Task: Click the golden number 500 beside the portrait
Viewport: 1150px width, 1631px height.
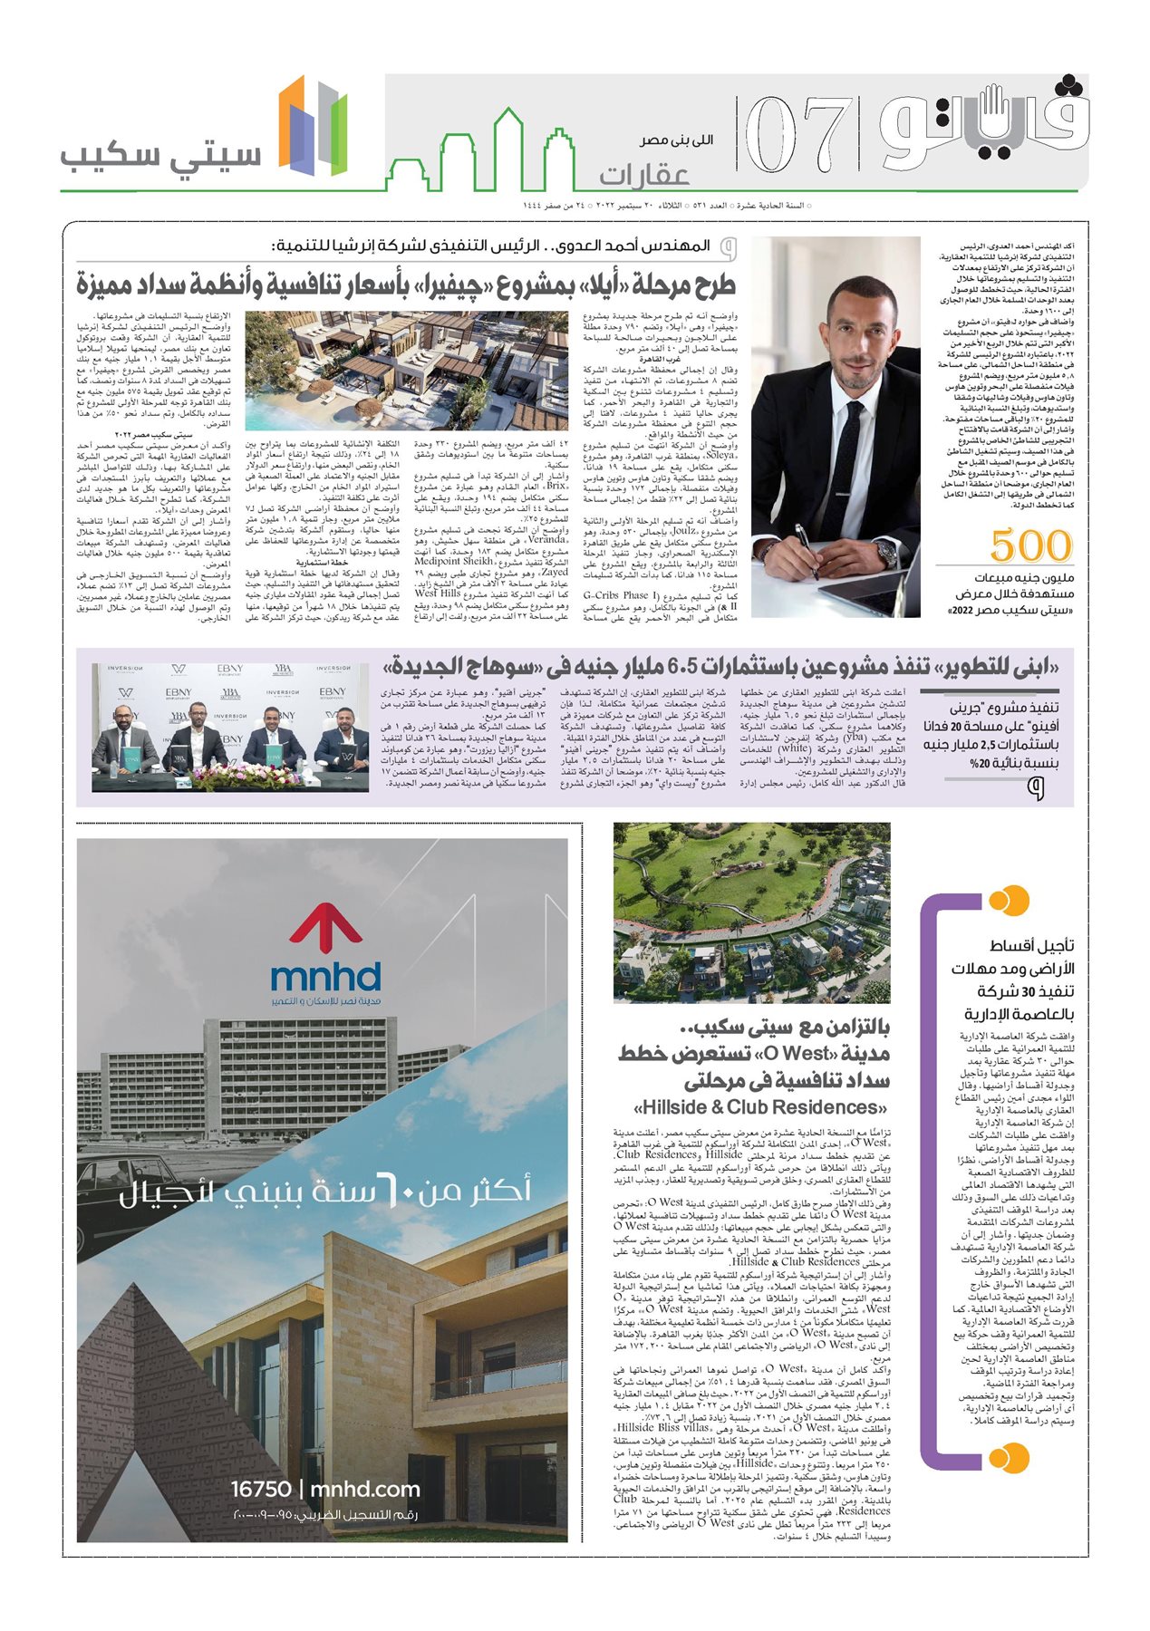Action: [x=1031, y=546]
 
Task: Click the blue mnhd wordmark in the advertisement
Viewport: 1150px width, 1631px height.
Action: [x=325, y=977]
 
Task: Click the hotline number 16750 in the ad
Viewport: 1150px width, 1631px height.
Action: [x=261, y=1489]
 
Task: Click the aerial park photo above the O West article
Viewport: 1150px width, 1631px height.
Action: [x=751, y=912]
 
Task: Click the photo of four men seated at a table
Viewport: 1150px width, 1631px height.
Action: [x=230, y=727]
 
